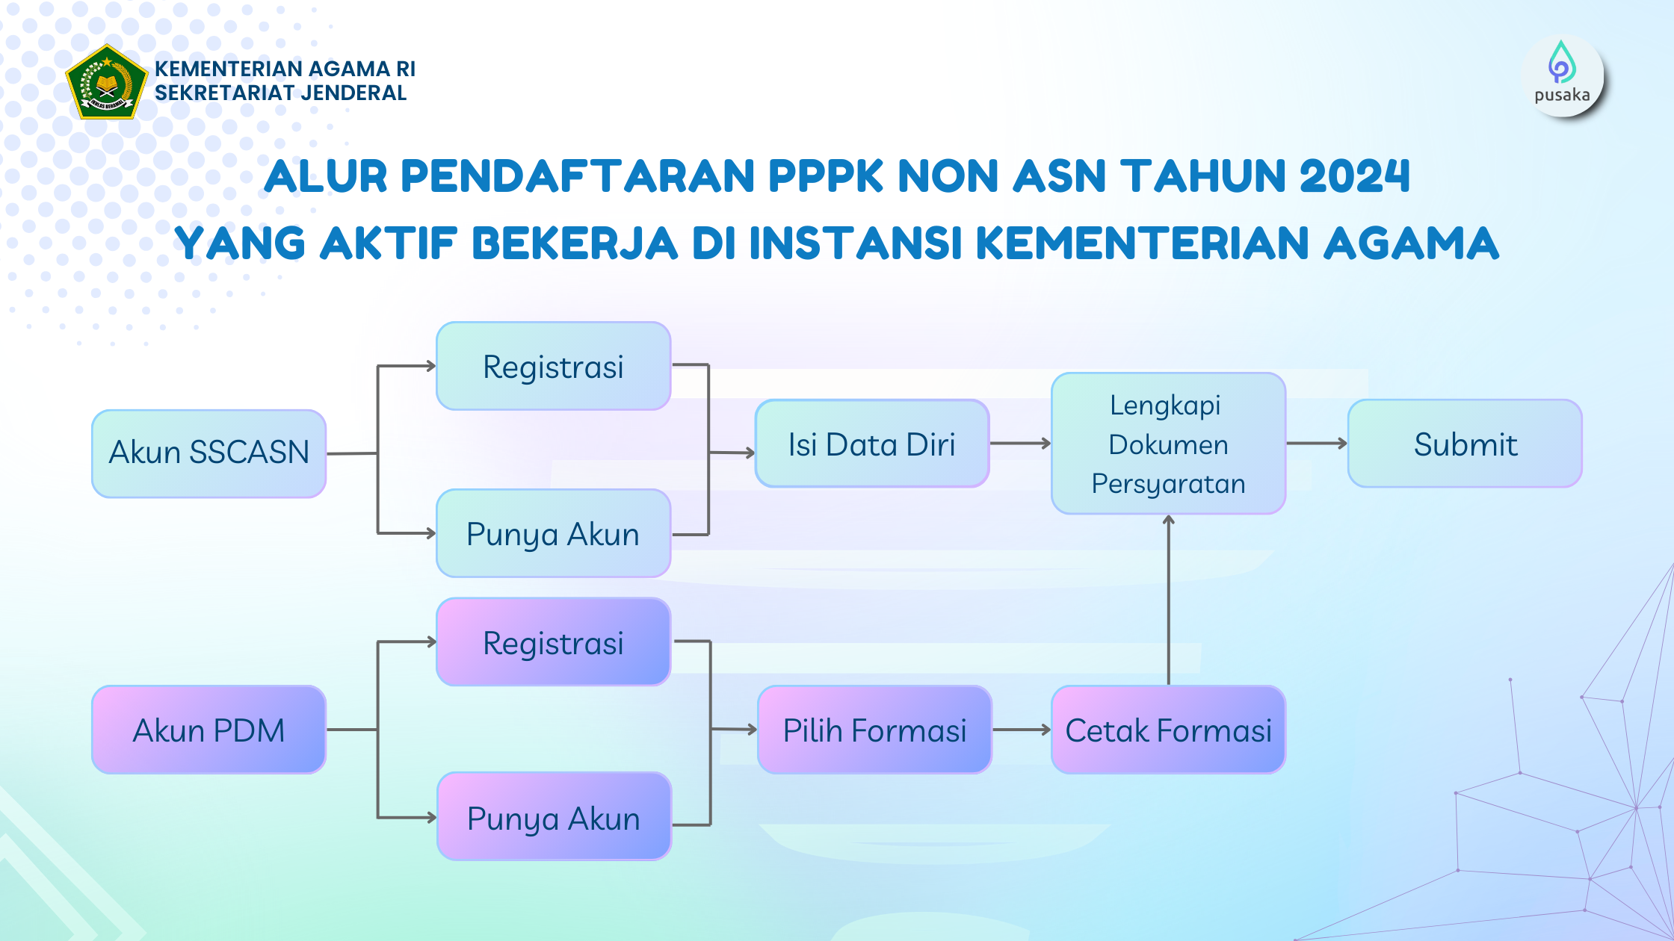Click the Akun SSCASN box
coord(209,453)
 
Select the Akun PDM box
coord(209,730)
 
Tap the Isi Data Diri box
coord(872,444)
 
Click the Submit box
coord(1465,444)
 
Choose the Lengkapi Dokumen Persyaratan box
coord(1168,444)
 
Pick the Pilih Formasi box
coord(874,730)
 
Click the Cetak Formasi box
coord(1168,730)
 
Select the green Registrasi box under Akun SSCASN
coord(553,366)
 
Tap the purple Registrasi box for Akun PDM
coord(553,642)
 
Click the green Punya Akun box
coord(553,533)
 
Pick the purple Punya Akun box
coord(554,817)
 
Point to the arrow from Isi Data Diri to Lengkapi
coord(1020,444)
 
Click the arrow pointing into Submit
coord(1317,444)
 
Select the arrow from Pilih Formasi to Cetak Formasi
coord(1022,730)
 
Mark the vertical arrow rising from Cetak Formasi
coord(1169,600)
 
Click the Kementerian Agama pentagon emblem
coord(107,82)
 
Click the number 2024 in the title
coord(1354,176)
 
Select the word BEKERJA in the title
coord(575,243)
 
